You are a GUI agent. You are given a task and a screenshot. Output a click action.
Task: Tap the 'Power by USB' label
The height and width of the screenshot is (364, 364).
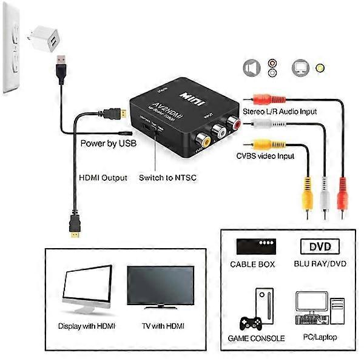pos(109,144)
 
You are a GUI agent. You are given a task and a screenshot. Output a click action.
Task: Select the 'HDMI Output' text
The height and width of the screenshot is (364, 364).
pos(103,178)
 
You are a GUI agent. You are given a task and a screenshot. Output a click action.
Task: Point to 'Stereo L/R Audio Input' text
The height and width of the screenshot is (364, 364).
pos(280,112)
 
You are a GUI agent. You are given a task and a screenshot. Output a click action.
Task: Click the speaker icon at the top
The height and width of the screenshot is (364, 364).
pos(250,69)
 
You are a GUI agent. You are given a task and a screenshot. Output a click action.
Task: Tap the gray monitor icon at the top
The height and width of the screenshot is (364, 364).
pos(300,68)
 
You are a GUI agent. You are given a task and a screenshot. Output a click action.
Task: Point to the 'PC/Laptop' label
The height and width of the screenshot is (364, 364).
pos(318,337)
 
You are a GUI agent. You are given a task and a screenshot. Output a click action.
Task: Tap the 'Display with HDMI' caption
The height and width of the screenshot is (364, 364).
pos(87,326)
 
